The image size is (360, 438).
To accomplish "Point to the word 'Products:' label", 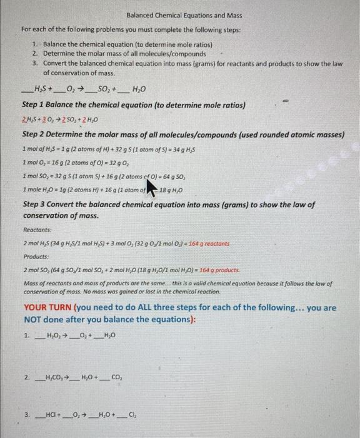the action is click(36, 256).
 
